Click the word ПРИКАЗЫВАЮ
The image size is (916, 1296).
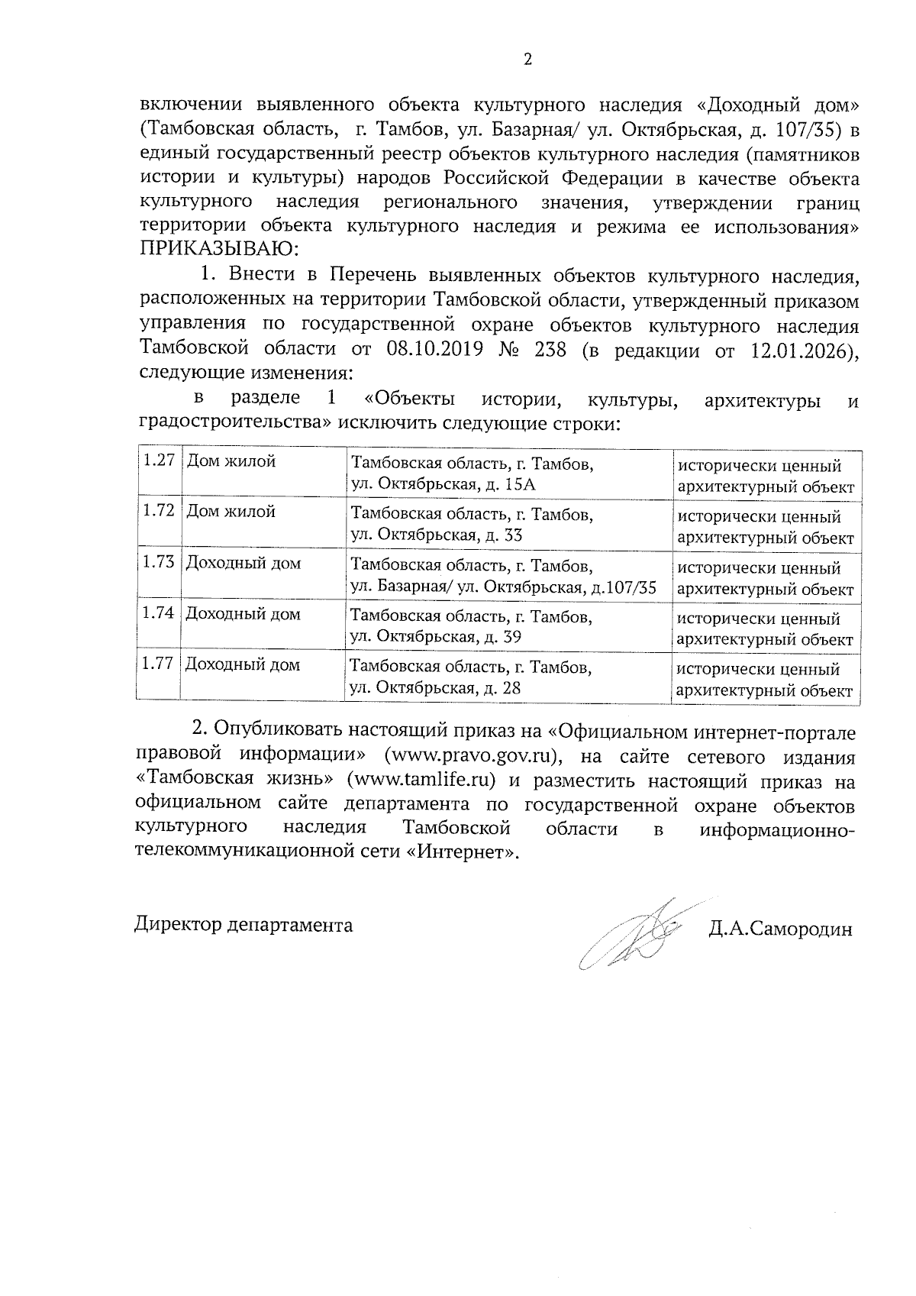[218, 250]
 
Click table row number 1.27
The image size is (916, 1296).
[158, 461]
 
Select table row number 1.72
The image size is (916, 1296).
[158, 512]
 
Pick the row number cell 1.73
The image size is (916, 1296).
[158, 564]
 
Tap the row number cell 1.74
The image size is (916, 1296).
[158, 614]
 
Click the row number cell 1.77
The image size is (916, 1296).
[158, 664]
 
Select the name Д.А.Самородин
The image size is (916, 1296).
[779, 929]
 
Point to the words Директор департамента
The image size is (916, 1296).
[244, 925]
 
